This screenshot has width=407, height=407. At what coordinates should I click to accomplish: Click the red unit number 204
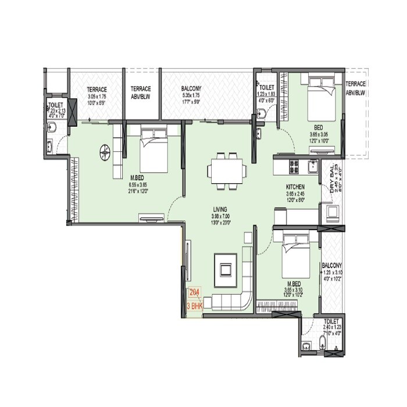[193, 293]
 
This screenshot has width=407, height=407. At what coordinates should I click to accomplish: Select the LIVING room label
[220, 209]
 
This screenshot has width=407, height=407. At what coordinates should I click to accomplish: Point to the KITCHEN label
[295, 187]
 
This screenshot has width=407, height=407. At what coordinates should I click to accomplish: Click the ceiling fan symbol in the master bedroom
[105, 152]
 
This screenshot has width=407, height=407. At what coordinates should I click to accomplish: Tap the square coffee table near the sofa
[226, 269]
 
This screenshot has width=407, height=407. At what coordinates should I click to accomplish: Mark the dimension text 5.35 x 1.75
[191, 96]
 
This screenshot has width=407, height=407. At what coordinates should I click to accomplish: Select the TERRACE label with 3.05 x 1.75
[97, 90]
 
